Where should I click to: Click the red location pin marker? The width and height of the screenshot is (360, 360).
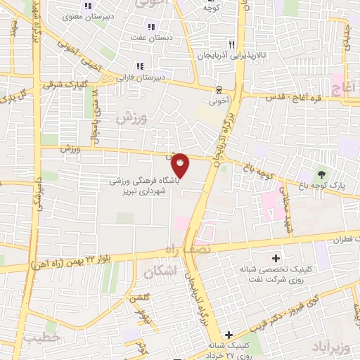tap(181, 165)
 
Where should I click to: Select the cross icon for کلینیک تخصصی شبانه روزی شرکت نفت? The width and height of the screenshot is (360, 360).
tap(275, 258)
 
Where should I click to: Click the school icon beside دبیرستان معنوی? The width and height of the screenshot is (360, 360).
tap(87, 6)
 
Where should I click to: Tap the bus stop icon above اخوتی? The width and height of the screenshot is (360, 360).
tap(219, 89)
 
